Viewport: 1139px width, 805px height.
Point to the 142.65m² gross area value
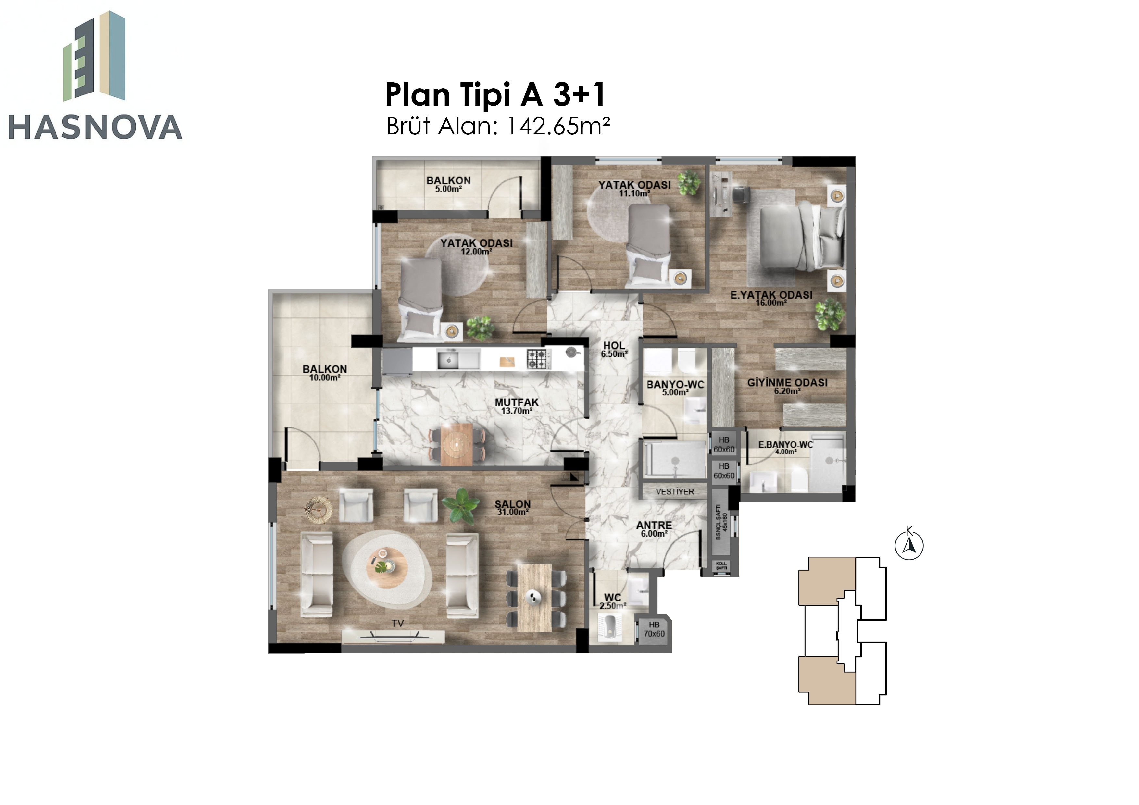pos(557,127)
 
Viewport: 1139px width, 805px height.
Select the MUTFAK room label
pos(517,403)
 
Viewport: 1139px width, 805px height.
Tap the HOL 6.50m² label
pos(614,349)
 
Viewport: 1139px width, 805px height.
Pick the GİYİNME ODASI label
pos(787,383)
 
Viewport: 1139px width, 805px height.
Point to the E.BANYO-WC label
pos(785,445)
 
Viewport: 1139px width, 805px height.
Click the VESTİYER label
pos(675,491)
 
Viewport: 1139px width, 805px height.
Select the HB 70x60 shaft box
pos(654,629)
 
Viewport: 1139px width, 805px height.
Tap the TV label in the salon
pos(397,624)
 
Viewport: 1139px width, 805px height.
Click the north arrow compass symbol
pos(909,546)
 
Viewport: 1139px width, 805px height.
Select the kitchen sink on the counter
pos(451,359)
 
